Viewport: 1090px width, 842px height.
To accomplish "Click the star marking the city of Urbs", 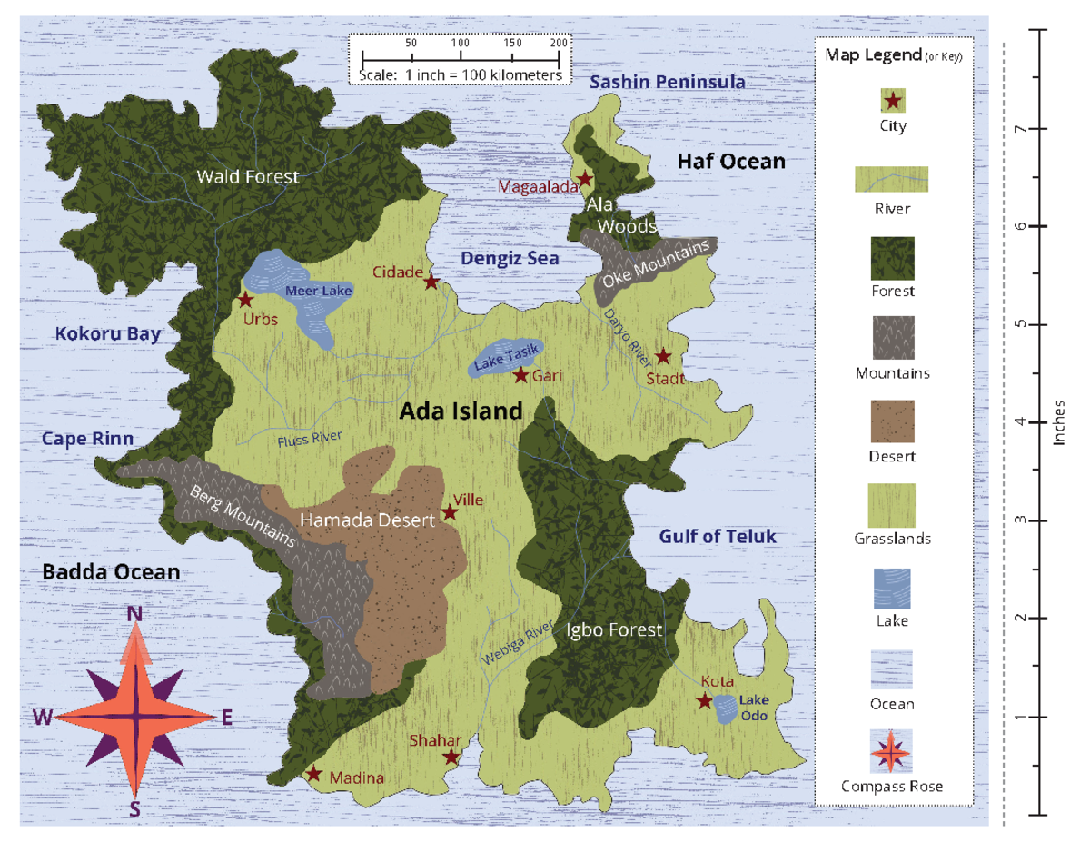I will click(x=245, y=299).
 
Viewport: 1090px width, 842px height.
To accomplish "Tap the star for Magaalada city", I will click(x=585, y=179).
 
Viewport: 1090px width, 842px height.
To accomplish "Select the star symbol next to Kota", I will click(x=705, y=700).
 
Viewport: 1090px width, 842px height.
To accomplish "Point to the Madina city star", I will click(x=313, y=774).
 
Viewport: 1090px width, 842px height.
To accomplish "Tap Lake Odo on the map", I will click(x=725, y=708).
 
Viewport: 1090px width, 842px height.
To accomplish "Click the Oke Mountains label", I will click(x=657, y=263).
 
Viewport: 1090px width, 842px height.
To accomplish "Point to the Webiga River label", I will click(x=519, y=644).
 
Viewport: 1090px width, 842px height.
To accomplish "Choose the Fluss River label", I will click(x=310, y=440).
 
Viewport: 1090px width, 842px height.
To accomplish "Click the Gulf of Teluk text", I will click(x=717, y=537).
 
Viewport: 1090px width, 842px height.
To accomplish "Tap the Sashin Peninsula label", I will click(x=667, y=83).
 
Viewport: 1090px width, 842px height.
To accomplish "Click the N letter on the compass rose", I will click(x=134, y=615).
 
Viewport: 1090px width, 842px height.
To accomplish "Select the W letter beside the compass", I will click(x=42, y=718).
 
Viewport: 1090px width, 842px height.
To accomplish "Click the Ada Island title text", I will click(x=461, y=411).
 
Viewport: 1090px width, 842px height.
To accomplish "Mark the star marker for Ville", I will click(x=450, y=513).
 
